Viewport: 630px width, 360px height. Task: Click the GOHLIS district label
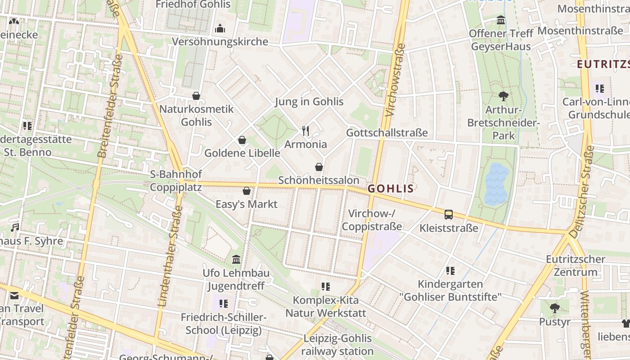(391, 189)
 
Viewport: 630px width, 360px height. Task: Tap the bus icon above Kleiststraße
(449, 215)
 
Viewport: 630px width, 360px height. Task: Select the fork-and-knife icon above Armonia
(306, 131)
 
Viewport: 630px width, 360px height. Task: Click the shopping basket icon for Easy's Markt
(247, 191)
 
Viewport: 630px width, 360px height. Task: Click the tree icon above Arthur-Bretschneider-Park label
(503, 96)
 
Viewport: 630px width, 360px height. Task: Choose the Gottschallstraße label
(387, 133)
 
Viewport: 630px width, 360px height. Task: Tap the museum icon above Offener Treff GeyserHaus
(501, 20)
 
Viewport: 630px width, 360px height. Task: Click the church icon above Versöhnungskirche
(220, 28)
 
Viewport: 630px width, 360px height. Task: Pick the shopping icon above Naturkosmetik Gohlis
(196, 96)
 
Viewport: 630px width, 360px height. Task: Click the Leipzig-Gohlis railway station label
(337, 345)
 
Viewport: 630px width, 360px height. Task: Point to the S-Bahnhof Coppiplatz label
(176, 180)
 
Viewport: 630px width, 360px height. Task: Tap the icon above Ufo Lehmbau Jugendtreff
(236, 260)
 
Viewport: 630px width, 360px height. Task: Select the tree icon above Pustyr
(555, 308)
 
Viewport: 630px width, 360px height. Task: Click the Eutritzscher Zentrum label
(576, 265)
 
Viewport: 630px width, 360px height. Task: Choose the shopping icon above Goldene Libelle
(242, 140)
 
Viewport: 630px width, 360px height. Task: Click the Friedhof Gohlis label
(193, 4)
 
